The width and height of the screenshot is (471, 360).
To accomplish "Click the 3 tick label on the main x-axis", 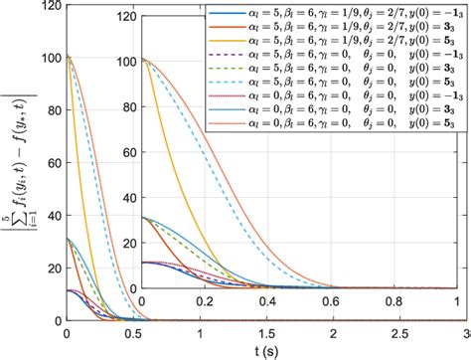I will tap(464, 333).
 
